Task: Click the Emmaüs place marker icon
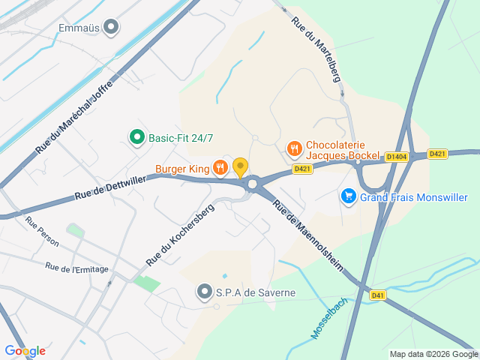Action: click(112, 28)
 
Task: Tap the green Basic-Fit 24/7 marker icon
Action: click(136, 138)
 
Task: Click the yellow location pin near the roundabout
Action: click(240, 166)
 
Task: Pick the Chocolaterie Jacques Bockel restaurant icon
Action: click(294, 148)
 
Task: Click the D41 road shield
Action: click(377, 295)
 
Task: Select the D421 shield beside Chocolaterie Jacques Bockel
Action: click(303, 169)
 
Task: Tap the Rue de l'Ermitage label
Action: click(76, 268)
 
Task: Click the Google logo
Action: click(25, 350)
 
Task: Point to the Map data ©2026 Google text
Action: click(433, 354)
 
